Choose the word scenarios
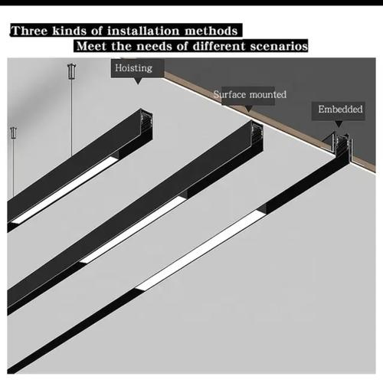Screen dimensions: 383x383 pos(277,47)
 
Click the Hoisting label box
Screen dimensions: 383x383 pos(133,68)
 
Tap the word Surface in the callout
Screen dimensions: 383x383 pos(228,95)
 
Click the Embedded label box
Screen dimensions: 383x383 pos(340,110)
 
